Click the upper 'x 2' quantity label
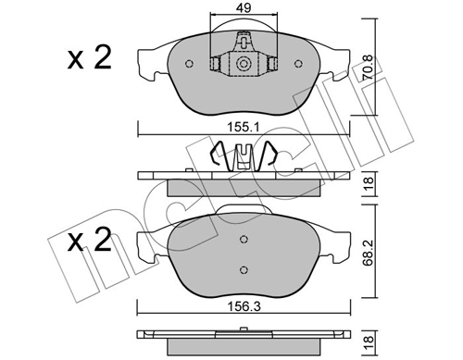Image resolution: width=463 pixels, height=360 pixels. tap(91, 60)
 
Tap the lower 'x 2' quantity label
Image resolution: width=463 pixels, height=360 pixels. tap(91, 242)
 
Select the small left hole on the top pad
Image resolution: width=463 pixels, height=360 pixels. tap(189, 64)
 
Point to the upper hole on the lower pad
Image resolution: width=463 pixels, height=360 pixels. tap(244, 240)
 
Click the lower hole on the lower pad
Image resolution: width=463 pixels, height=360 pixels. tap(244, 269)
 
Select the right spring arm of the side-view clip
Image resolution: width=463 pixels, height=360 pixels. tap(269, 155)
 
